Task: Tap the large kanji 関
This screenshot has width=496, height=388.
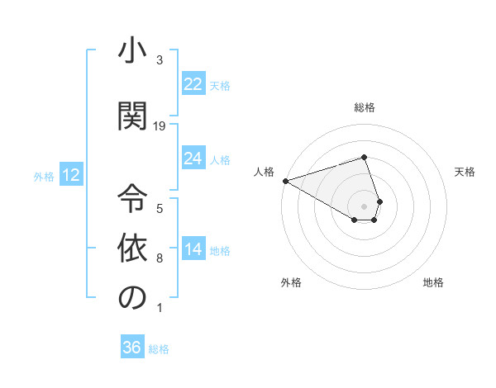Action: click(x=131, y=115)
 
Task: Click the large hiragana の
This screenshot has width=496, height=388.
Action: click(x=131, y=297)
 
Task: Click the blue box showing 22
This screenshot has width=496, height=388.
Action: click(x=193, y=84)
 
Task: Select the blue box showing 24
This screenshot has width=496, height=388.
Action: click(x=193, y=159)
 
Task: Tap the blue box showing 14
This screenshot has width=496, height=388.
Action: click(x=193, y=249)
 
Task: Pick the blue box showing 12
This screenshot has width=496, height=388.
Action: click(x=70, y=175)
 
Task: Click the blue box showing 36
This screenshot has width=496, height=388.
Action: click(x=131, y=348)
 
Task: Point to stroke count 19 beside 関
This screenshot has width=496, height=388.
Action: click(x=160, y=125)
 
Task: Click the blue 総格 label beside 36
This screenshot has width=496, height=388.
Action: click(x=159, y=349)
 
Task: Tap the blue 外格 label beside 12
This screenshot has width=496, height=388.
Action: click(x=44, y=176)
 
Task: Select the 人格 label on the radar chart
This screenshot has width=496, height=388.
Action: click(x=265, y=172)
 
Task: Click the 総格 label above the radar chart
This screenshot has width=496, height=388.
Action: click(x=365, y=107)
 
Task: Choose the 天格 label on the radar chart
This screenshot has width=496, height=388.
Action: click(x=465, y=172)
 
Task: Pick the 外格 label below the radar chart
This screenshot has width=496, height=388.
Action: click(x=291, y=282)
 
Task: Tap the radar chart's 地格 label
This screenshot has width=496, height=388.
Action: click(x=433, y=282)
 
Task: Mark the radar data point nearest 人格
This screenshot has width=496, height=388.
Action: click(x=285, y=180)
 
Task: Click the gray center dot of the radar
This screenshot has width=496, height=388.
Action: click(x=365, y=206)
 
